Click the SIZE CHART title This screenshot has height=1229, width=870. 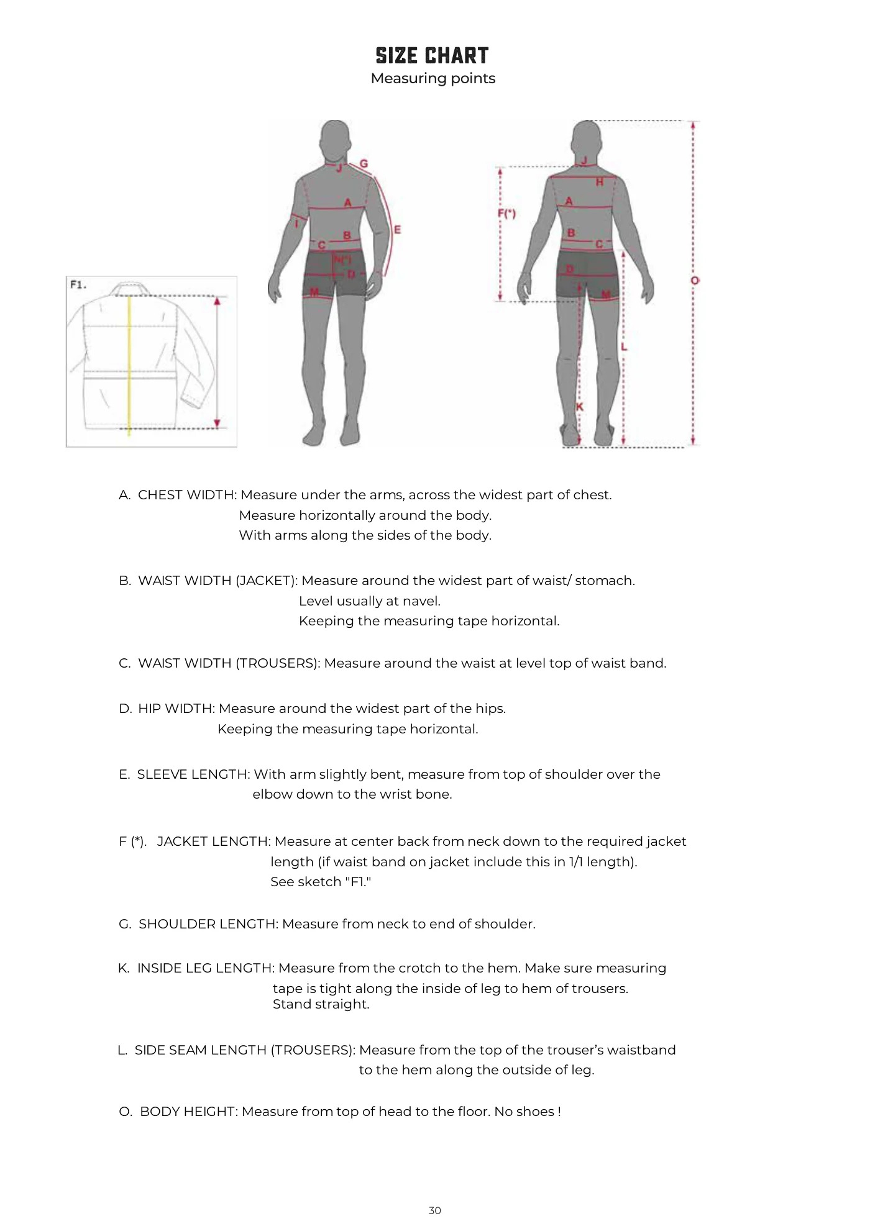(x=432, y=56)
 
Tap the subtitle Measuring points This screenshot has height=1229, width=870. (x=433, y=79)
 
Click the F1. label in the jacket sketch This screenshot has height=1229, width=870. (x=78, y=285)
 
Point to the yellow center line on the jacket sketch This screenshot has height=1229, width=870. (x=129, y=365)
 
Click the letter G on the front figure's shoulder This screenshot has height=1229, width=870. (x=364, y=164)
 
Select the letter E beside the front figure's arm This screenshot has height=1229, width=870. (x=397, y=229)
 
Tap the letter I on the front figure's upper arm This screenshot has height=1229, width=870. (x=297, y=223)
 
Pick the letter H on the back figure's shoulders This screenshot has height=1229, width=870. (x=599, y=182)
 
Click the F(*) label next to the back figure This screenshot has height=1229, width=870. (x=506, y=214)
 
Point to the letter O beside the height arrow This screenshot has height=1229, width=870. (x=695, y=281)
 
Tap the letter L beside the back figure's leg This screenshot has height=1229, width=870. (x=624, y=347)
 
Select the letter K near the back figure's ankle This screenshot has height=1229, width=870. (x=580, y=407)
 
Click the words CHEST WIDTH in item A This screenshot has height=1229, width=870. (x=186, y=495)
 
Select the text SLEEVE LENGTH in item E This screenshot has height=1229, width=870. (x=193, y=774)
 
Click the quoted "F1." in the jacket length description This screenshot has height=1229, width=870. (x=358, y=882)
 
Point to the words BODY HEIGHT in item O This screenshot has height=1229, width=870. (x=188, y=1112)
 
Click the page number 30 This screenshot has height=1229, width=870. (x=435, y=1210)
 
